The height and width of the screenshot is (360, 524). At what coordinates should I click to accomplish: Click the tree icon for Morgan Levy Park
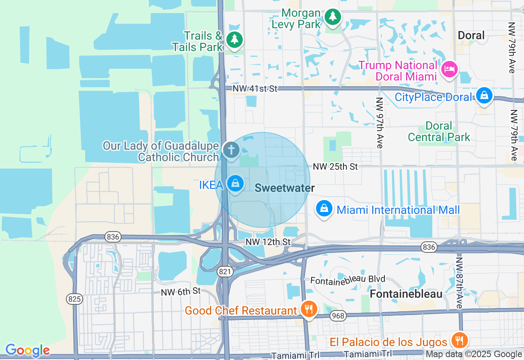(333, 17)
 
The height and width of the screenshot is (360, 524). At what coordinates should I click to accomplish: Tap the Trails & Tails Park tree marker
(234, 39)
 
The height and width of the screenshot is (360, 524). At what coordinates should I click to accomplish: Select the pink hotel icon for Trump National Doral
(449, 69)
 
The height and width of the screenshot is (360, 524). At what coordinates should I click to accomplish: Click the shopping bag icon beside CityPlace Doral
(484, 96)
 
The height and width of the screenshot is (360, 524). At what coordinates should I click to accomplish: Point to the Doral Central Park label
(439, 131)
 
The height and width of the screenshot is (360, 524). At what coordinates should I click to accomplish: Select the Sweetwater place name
(285, 188)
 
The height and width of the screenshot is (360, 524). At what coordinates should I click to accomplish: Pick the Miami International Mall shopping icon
(324, 209)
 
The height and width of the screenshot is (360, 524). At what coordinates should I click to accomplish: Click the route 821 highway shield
(226, 271)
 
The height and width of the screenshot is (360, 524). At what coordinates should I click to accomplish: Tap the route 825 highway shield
(75, 299)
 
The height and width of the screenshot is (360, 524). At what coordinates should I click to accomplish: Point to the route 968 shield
(339, 315)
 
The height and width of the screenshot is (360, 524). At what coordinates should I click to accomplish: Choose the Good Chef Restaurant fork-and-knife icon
(308, 309)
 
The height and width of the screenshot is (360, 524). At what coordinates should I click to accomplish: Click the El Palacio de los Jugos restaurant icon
(458, 340)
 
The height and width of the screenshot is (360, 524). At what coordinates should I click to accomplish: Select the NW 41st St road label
(255, 88)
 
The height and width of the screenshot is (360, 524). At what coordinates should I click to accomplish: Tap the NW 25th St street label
(335, 166)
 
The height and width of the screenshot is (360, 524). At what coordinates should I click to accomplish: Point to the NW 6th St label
(181, 291)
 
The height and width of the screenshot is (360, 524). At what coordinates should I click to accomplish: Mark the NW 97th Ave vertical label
(379, 123)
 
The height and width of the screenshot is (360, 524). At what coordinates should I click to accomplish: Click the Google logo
(27, 350)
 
